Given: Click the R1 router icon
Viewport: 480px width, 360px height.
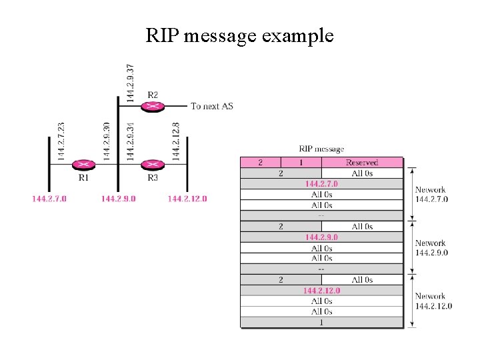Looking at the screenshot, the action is [83, 165].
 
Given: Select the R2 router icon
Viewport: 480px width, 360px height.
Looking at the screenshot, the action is [153, 107].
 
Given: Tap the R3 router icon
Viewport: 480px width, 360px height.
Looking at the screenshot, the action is [153, 165].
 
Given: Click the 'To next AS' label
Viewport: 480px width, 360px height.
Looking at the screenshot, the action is [212, 106].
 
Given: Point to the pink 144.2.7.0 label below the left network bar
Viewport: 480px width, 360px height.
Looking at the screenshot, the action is [49, 199].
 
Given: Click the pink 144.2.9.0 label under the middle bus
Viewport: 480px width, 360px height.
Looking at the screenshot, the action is [119, 199].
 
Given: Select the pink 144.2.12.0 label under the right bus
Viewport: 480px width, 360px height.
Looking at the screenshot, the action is [187, 199].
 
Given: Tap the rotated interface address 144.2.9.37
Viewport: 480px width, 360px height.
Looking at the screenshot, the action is [130, 83].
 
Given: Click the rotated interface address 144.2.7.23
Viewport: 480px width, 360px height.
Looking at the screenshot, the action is [61, 141].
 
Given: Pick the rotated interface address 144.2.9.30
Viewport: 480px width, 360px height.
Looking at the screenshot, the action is [106, 141].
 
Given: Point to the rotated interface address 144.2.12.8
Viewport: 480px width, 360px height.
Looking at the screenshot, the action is [175, 141].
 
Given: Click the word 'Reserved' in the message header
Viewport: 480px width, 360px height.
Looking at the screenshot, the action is [362, 162].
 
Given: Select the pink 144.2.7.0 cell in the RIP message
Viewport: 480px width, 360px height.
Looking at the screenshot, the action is [321, 184].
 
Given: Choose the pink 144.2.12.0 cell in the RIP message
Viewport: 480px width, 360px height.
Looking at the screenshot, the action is [321, 290].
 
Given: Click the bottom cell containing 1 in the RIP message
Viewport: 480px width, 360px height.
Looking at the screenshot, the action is [321, 323].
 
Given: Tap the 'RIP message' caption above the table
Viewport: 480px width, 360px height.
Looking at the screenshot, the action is [321, 149].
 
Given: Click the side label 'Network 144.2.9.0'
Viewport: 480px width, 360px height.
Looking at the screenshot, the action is [431, 247].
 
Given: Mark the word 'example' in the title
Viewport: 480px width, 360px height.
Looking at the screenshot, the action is [297, 36].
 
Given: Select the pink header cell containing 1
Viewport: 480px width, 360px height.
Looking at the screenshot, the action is [301, 162].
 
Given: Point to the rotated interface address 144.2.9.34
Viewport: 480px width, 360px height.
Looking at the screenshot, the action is [130, 141].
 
